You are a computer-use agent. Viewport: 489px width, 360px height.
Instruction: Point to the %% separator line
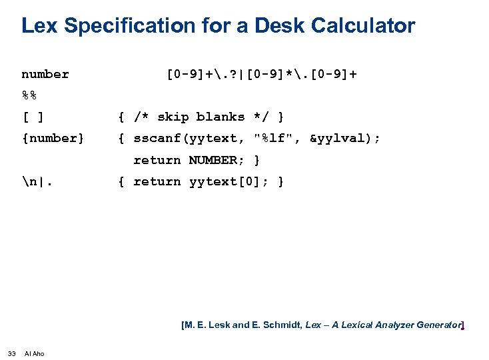pyautogui.click(x=29, y=95)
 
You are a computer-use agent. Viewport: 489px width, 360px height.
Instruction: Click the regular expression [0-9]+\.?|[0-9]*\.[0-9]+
pyautogui.click(x=261, y=74)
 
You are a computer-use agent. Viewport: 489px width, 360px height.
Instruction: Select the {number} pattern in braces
pyautogui.click(x=53, y=139)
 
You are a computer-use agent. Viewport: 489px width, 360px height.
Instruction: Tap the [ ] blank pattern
pyautogui.click(x=33, y=117)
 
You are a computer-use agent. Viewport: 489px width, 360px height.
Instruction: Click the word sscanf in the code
pyautogui.click(x=157, y=139)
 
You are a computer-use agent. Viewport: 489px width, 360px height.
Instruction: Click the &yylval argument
pyautogui.click(x=342, y=139)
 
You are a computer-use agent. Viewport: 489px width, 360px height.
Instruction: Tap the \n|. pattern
pyautogui.click(x=37, y=182)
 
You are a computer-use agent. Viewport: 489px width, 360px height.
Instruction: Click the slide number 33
pyautogui.click(x=11, y=353)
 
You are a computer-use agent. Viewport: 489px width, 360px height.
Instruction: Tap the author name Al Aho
pyautogui.click(x=34, y=353)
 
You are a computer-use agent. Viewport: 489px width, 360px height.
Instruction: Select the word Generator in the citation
pyautogui.click(x=438, y=325)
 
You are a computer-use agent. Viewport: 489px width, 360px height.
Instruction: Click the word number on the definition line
pyautogui.click(x=45, y=74)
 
